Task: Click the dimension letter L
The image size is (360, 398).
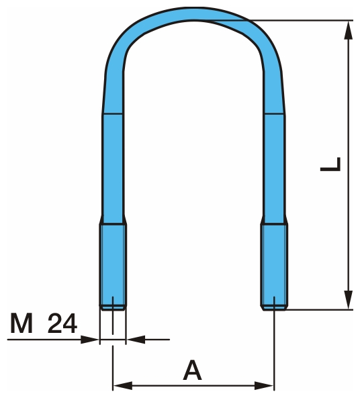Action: pyautogui.click(x=330, y=164)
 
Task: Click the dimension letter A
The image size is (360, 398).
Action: pyautogui.click(x=192, y=370)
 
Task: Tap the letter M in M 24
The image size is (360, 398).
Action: pyautogui.click(x=21, y=323)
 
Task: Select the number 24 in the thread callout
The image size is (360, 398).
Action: pyautogui.click(x=62, y=323)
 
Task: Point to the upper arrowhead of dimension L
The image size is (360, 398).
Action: pyautogui.click(x=349, y=30)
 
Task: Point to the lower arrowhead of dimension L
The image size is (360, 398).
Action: pyautogui.click(x=349, y=300)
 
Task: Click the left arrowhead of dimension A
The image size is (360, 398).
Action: pyautogui.click(x=122, y=385)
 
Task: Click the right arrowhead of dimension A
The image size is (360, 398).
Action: pyautogui.click(x=264, y=385)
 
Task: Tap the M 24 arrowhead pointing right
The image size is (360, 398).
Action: pyautogui.click(x=90, y=340)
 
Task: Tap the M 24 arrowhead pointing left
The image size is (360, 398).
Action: pyautogui.click(x=136, y=340)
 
